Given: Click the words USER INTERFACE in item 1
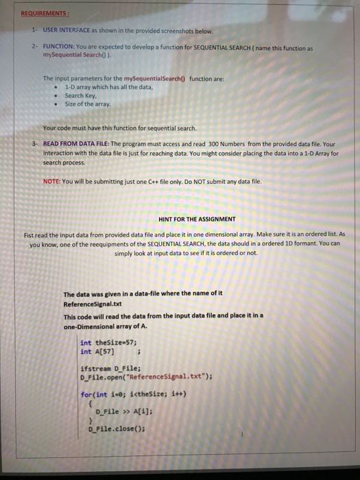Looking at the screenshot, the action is click(66, 31).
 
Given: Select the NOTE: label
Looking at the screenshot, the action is click(51, 180).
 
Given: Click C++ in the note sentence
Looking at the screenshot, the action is click(162, 180).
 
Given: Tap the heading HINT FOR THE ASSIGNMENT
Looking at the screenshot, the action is click(197, 219).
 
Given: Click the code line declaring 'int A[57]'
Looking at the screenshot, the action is click(95, 352).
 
